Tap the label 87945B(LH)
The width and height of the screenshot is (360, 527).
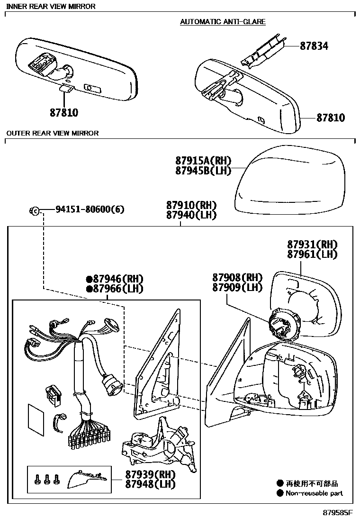[x=199, y=171]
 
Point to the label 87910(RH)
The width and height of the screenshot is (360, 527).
[x=191, y=205]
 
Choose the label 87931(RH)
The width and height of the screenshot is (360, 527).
[x=312, y=245]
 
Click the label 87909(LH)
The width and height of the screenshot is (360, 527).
[x=237, y=287]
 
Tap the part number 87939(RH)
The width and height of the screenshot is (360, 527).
[x=150, y=474]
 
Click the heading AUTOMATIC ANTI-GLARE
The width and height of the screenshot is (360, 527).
[x=223, y=22]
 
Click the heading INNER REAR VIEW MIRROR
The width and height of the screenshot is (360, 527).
[x=51, y=7]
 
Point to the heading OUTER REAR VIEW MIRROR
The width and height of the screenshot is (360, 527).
[x=52, y=133]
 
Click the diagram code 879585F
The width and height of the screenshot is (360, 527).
[x=338, y=513]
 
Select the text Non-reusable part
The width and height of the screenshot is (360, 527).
[x=314, y=493]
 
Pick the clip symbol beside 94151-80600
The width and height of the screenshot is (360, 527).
[x=35, y=210]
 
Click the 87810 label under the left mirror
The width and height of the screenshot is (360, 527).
[x=63, y=113]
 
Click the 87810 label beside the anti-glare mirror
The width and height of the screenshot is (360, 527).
[x=331, y=118]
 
